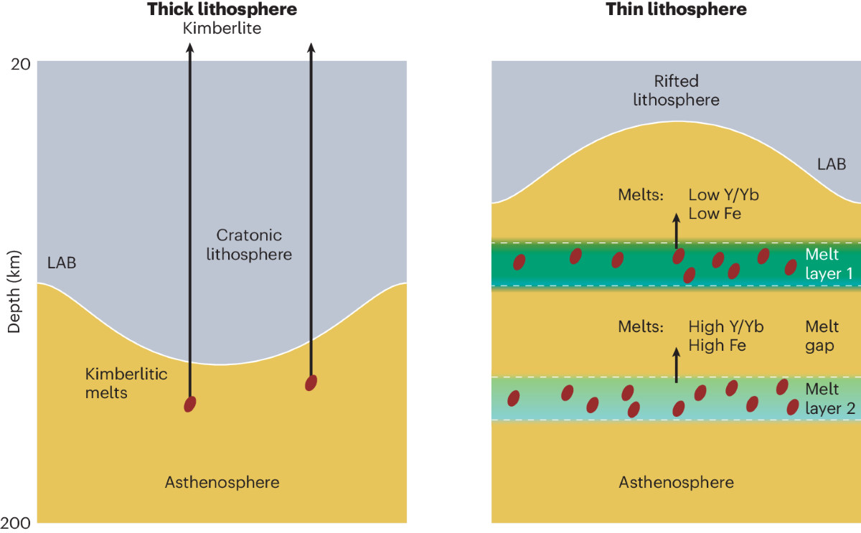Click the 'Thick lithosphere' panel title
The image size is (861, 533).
pyautogui.click(x=222, y=9)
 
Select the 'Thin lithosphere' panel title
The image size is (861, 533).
pyautogui.click(x=677, y=9)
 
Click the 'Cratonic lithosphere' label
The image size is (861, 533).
pyautogui.click(x=250, y=245)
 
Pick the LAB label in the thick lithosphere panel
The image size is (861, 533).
pyautogui.click(x=62, y=263)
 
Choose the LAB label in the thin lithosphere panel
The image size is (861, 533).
pyautogui.click(x=832, y=164)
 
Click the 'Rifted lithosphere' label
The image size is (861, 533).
pyautogui.click(x=676, y=90)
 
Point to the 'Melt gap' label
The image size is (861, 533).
pyautogui.click(x=821, y=336)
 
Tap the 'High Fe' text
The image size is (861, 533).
pyautogui.click(x=717, y=345)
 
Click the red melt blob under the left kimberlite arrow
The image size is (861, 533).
pyautogui.click(x=189, y=404)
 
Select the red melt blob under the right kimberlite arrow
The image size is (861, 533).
pyautogui.click(x=311, y=382)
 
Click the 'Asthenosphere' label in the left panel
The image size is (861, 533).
pyautogui.click(x=222, y=482)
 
